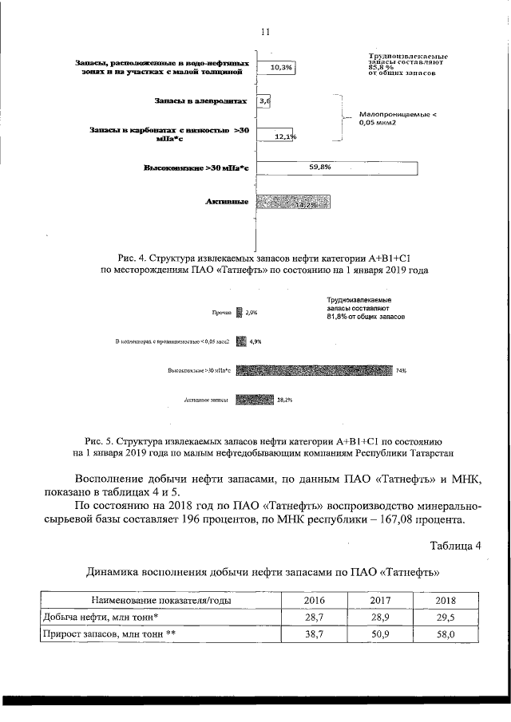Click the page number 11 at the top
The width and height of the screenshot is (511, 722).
point(266,31)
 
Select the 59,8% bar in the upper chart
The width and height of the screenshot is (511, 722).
point(335,168)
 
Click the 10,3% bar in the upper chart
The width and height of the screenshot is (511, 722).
point(276,68)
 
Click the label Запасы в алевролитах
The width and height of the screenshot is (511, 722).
point(202,101)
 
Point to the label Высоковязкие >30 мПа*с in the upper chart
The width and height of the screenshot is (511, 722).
point(196,168)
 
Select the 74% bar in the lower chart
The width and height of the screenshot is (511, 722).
point(315,370)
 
